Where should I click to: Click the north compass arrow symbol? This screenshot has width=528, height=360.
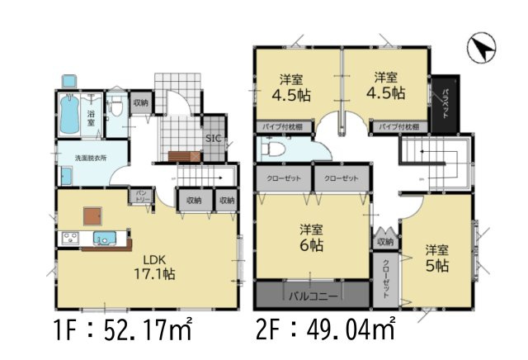point(480,47)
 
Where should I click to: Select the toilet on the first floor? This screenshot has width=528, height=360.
point(118,107)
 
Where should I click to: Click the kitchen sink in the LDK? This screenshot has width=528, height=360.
point(104,240)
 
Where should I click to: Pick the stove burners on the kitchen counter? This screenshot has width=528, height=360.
point(68,240)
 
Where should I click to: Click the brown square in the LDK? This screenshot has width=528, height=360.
point(92,214)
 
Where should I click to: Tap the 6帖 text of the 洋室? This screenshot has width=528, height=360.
point(311,246)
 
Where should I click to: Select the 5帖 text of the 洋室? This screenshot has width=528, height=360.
point(436,265)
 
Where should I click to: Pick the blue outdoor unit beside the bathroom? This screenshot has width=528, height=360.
point(67,82)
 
